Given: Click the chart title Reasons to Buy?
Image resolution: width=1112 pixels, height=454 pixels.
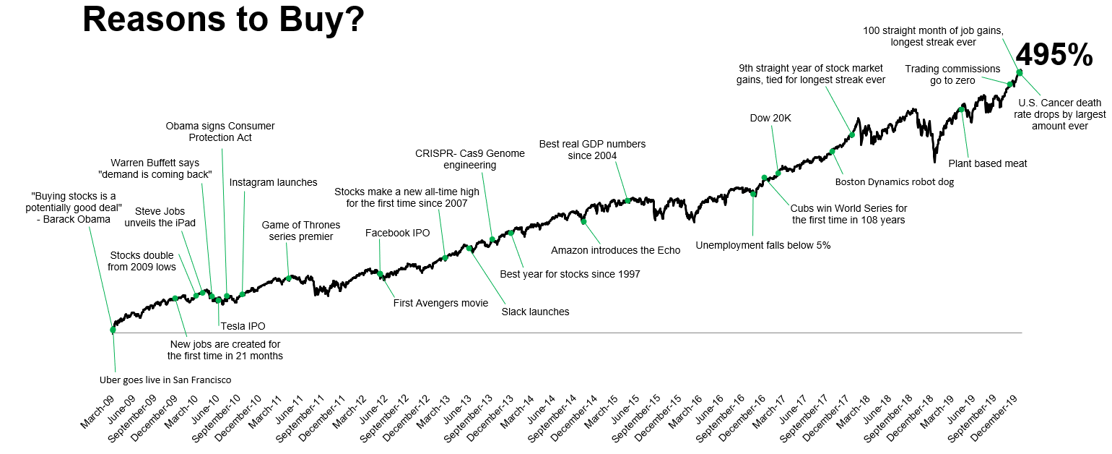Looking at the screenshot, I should point(222,20).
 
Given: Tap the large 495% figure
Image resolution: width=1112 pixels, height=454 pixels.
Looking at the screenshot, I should point(1054,55).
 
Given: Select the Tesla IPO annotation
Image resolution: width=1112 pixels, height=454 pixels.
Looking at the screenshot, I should point(243,326).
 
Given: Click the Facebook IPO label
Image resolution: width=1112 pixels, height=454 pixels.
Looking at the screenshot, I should point(397,233).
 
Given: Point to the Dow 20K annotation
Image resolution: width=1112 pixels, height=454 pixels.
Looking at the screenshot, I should point(771,119).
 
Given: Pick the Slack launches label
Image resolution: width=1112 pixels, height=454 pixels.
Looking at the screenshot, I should point(535,312).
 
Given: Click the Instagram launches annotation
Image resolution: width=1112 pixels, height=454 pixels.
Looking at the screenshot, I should point(273,182).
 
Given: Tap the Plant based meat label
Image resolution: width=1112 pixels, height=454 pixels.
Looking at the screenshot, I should point(987,163).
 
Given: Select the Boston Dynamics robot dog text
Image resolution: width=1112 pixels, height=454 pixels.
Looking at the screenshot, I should point(894,182).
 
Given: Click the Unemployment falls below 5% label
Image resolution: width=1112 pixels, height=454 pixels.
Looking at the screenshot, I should point(763,245).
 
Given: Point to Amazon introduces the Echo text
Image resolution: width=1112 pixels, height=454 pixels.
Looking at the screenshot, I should point(615,251).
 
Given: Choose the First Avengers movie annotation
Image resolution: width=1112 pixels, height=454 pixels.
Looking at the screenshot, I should point(440,303).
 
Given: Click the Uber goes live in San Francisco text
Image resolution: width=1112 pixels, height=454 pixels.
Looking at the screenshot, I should point(165,380).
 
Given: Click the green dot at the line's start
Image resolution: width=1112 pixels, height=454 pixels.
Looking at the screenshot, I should point(113,330).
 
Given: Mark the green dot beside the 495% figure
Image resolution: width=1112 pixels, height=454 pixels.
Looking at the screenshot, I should point(1020,72).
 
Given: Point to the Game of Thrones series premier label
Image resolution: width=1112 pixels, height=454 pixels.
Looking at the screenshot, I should point(297,231).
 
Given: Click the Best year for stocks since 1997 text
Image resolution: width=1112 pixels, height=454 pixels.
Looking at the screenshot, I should point(570,274).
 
